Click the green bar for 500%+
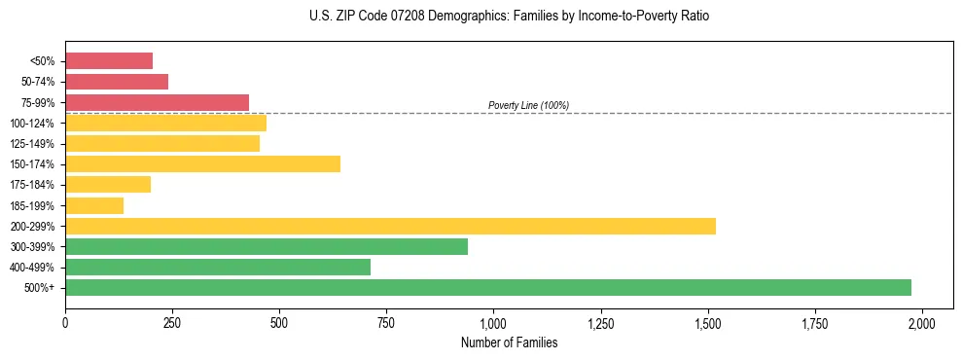[488, 287]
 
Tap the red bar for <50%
[109, 61]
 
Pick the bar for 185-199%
[94, 205]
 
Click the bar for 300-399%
[267, 246]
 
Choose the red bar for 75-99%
[157, 102]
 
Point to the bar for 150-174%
[202, 163]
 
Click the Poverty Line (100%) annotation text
[528, 105]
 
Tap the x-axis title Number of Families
[509, 342]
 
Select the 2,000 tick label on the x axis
[922, 322]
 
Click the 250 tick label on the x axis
[172, 322]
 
